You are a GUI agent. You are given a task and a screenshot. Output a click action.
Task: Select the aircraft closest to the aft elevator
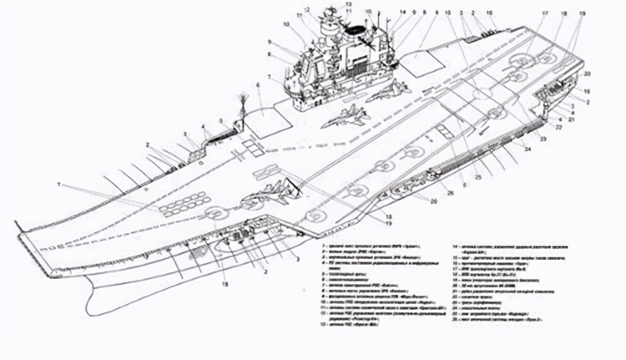pos(386,91)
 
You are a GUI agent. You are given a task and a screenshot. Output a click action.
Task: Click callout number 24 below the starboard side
pos(527,149)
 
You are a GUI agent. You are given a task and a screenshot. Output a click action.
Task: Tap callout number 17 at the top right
pos(544,13)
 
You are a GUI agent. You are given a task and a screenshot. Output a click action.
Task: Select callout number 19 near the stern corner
pos(543,139)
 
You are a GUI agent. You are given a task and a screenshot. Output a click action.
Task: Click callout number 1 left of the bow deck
pos(58,184)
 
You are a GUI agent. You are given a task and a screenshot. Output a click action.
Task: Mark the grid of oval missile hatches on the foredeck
pos(183,205)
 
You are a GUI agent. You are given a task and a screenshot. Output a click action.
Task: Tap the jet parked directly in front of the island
pos(344,116)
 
